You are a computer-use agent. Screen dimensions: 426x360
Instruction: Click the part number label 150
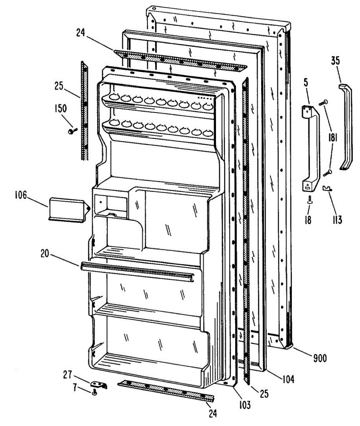coord(60,108)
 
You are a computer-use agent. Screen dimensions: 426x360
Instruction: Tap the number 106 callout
coord(21,195)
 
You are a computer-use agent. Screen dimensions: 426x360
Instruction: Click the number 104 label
coord(288,379)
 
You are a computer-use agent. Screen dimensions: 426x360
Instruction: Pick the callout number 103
coord(244,404)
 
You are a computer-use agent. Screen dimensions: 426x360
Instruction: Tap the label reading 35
coord(335,61)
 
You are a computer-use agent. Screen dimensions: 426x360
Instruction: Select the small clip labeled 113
coord(327,189)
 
